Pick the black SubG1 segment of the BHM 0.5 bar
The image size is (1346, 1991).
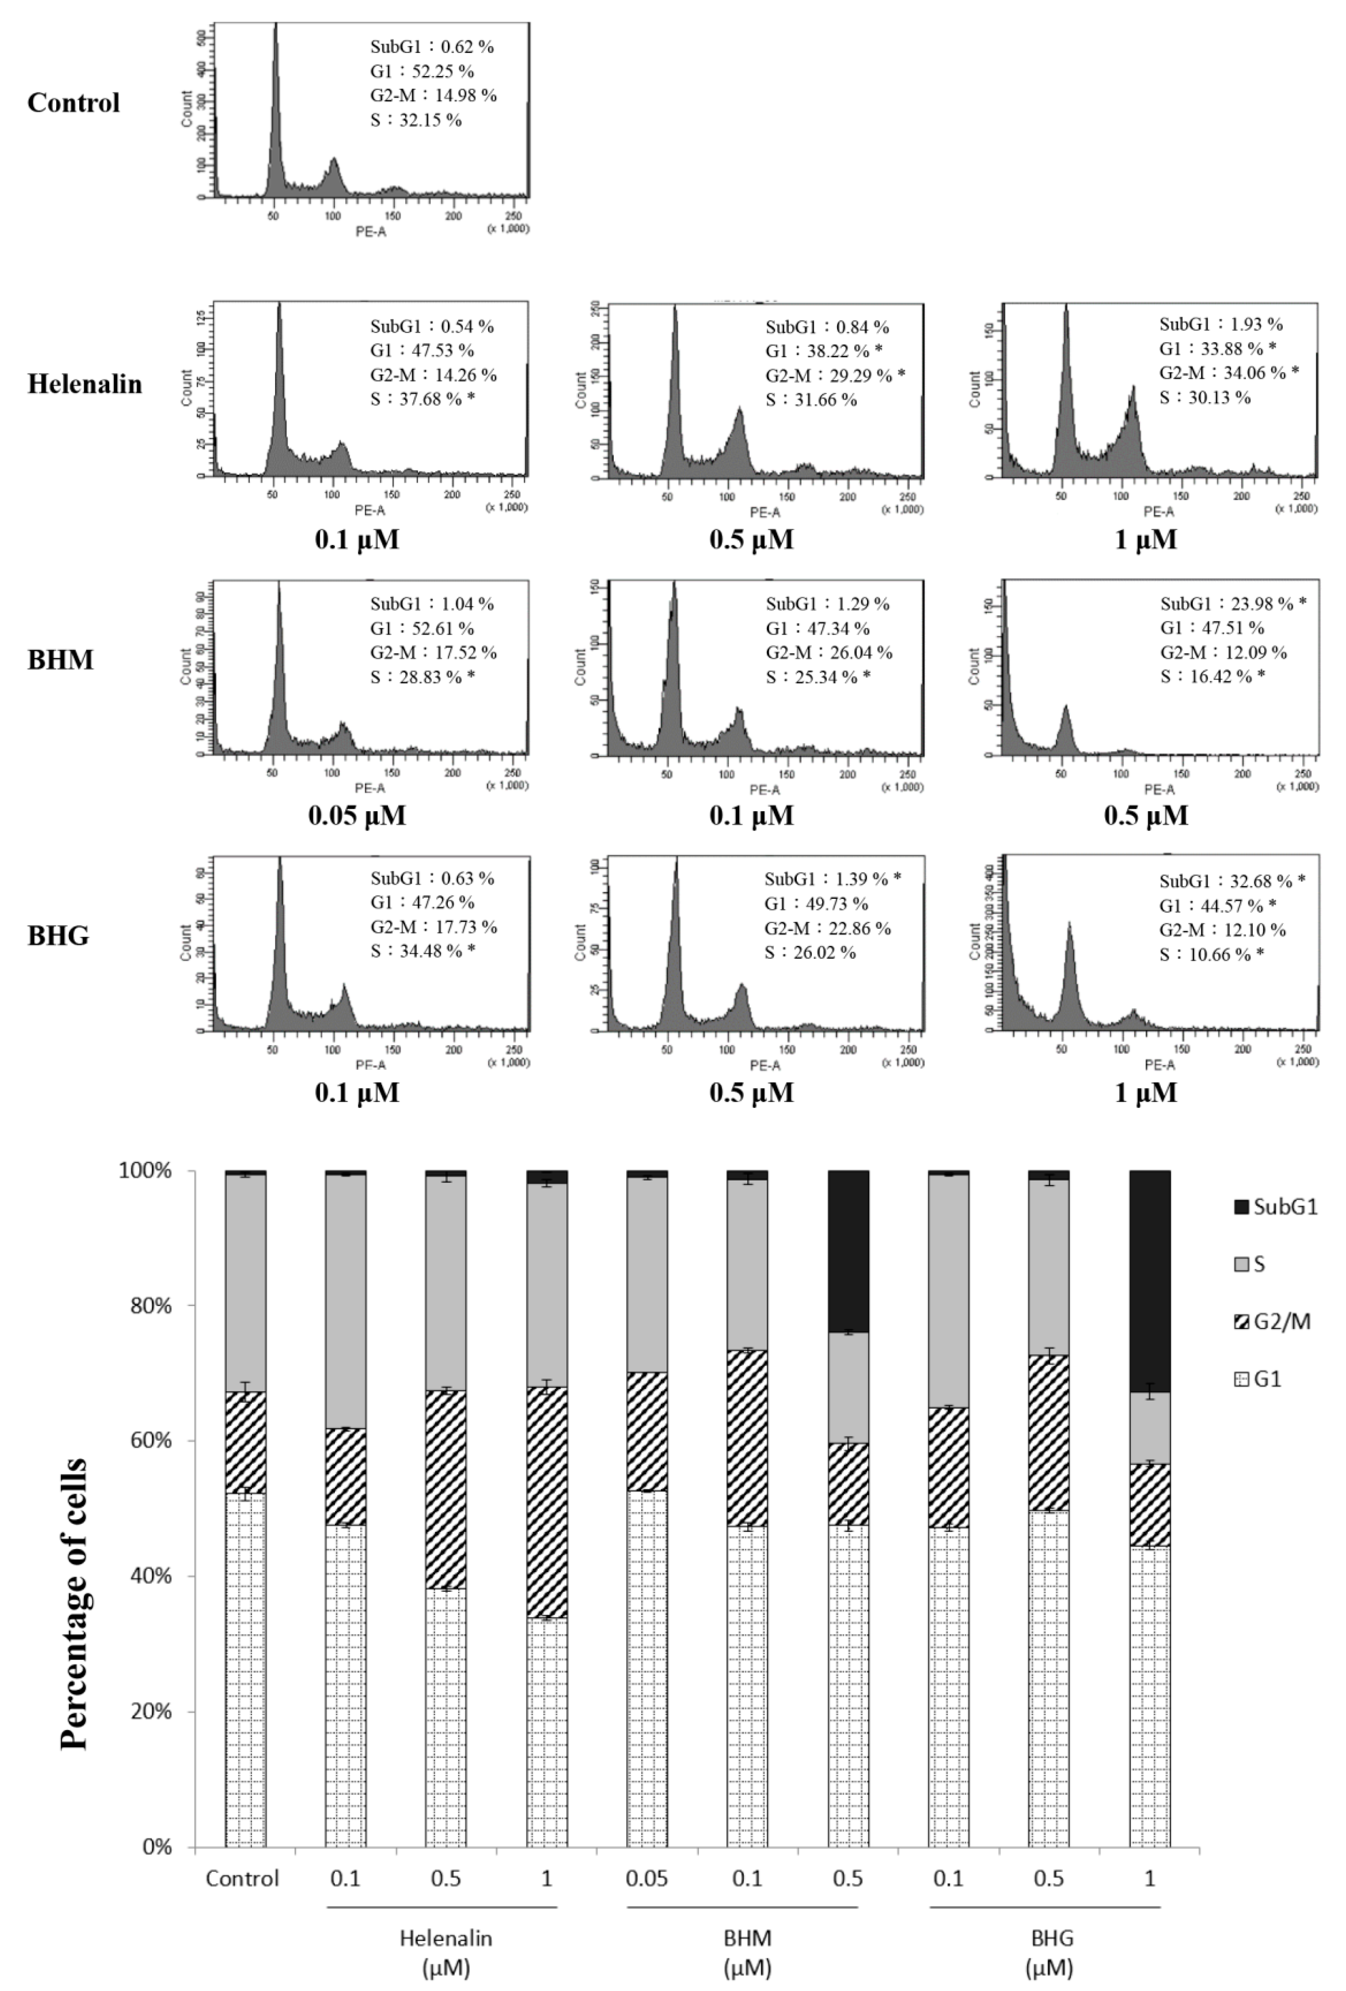tap(848, 1251)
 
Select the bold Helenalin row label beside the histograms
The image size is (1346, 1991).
tap(85, 384)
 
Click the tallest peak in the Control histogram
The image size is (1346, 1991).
tap(276, 103)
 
